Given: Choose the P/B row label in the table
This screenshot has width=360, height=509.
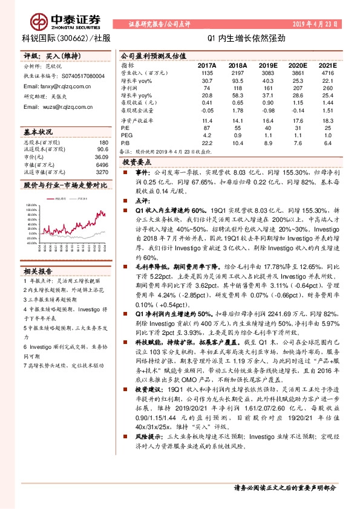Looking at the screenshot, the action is click(125, 142).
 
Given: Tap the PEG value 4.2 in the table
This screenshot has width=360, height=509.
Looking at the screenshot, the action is click(208, 135).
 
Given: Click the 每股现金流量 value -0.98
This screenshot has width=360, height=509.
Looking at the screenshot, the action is click(266, 111).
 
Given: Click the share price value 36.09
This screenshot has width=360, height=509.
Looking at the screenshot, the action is click(101, 158).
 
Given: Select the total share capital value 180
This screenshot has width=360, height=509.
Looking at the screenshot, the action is click(103, 142).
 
